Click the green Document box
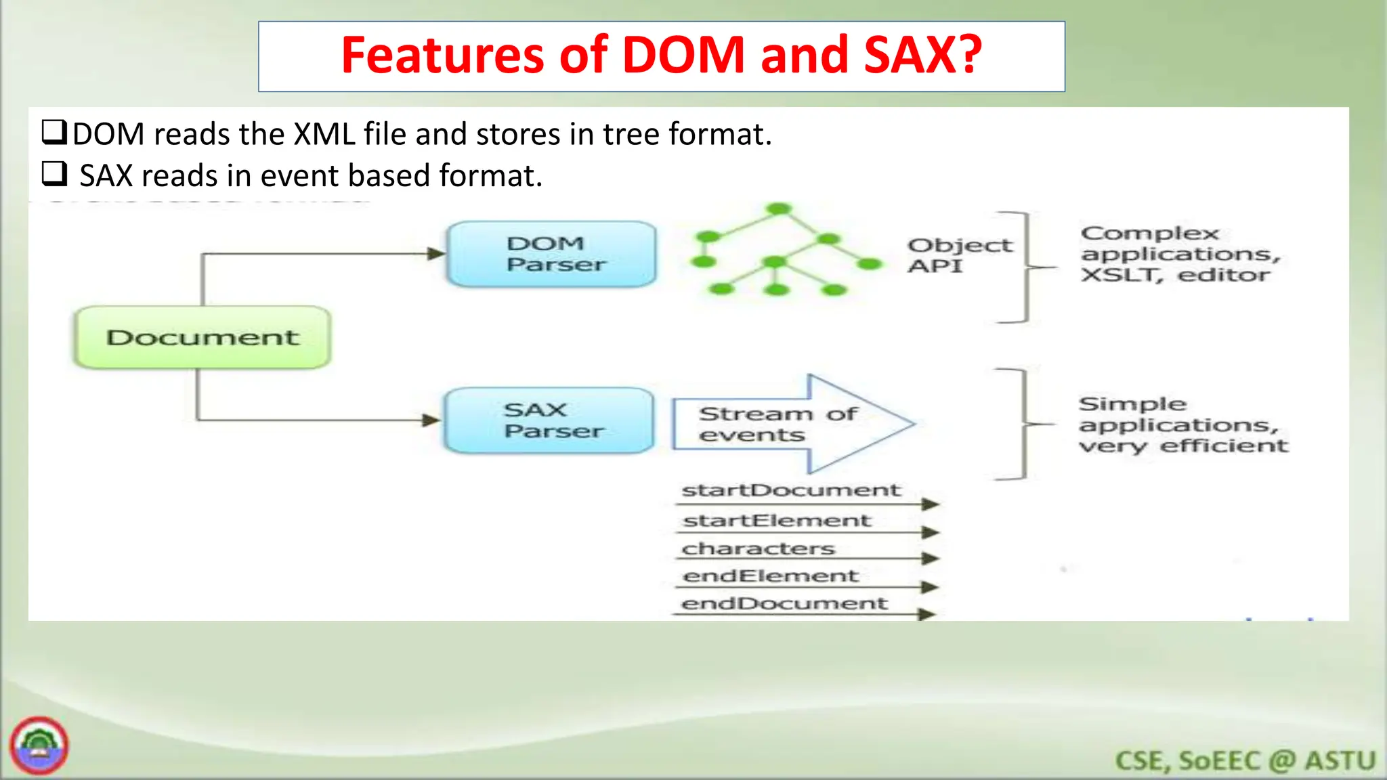[x=202, y=337]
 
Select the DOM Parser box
[x=552, y=254]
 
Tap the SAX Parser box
[x=549, y=420]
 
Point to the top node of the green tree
[x=780, y=209]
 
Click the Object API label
[x=958, y=255]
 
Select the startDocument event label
[x=790, y=490]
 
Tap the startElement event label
[x=776, y=521]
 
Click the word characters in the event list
[x=758, y=548]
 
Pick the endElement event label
[x=770, y=576]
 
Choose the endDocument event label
[x=784, y=603]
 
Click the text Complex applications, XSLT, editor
[x=1179, y=254]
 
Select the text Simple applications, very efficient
[x=1182, y=425]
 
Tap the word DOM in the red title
[x=683, y=56]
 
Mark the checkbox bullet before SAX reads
[x=54, y=174]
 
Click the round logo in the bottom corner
[x=39, y=745]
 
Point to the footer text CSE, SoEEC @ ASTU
[x=1245, y=760]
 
